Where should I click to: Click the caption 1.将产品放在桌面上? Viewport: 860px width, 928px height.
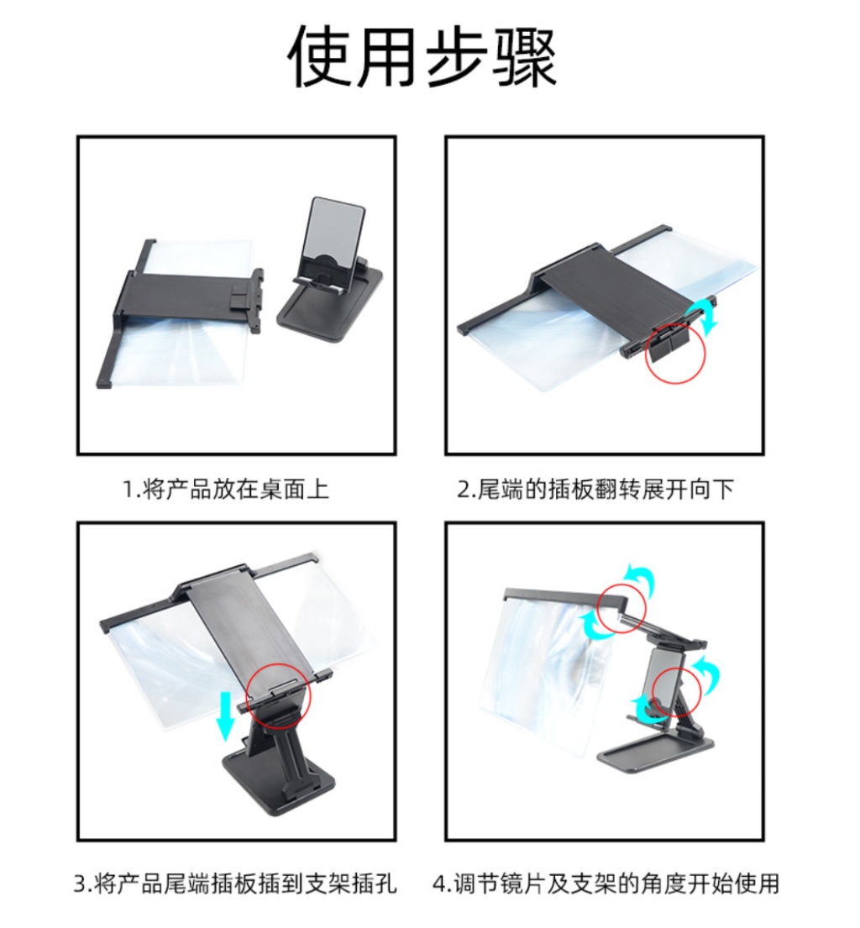226,490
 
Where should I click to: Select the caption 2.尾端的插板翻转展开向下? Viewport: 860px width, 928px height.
595,490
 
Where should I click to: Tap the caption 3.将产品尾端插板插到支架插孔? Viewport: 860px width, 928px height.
235,883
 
